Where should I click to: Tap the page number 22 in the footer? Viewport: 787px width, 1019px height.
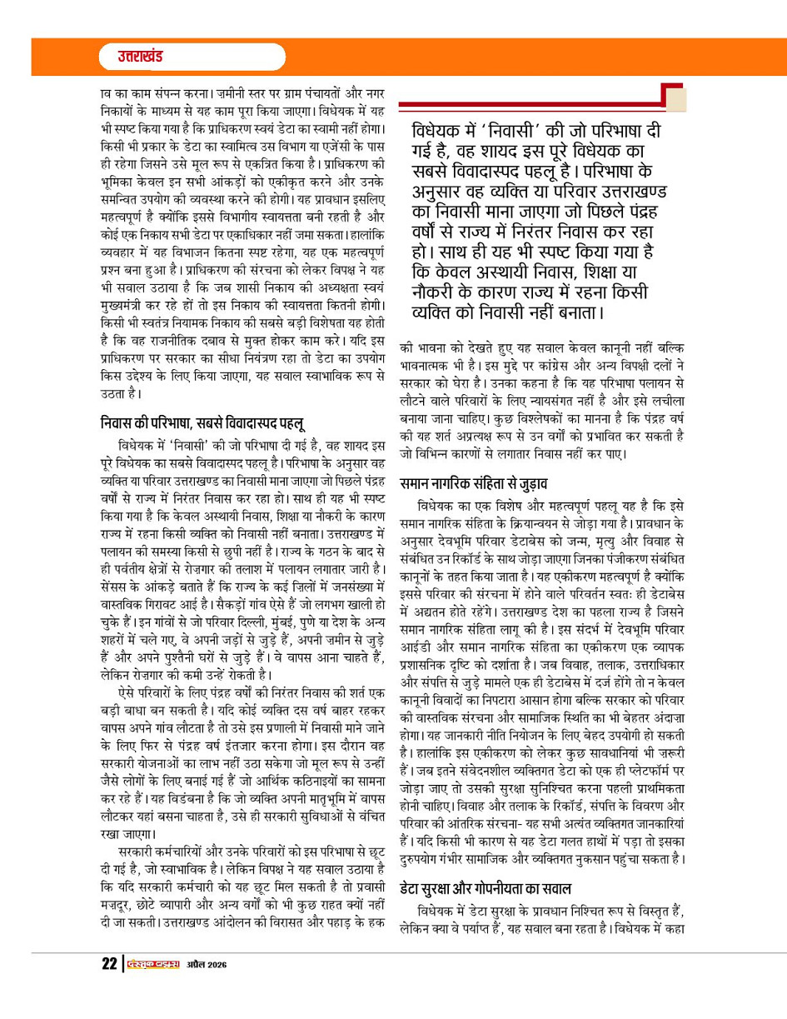coord(107,964)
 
